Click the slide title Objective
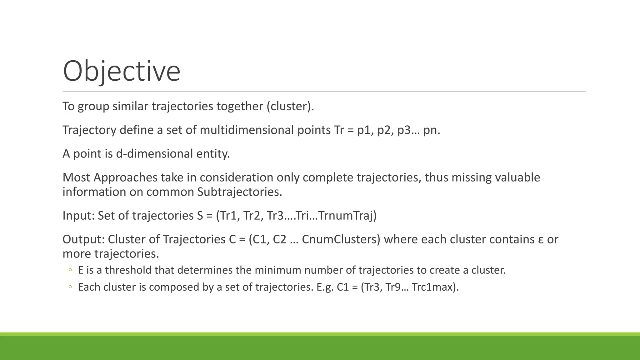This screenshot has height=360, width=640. tap(122, 71)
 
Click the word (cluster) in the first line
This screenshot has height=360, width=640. tap(290, 106)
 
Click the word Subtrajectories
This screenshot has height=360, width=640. tap(240, 192)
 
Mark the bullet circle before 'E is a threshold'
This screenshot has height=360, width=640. tap(70, 270)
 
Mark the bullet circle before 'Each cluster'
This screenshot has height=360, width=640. tap(70, 287)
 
